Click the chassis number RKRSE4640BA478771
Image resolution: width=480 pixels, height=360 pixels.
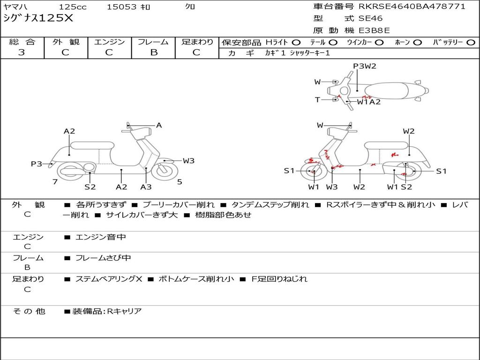click(412, 7)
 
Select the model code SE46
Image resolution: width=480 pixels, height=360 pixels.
click(370, 19)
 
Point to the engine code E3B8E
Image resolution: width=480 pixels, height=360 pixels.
click(374, 31)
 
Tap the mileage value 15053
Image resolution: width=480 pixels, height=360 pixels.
click(121, 7)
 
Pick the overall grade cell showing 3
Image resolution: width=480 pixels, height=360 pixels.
click(22, 52)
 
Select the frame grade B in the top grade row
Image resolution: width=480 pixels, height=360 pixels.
click(153, 52)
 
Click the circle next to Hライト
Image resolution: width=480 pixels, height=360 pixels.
click(296, 42)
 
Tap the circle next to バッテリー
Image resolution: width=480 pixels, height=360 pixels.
click(471, 42)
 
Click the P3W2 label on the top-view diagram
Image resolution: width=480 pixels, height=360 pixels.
click(365, 66)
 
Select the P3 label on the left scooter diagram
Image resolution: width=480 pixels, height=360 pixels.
click(37, 164)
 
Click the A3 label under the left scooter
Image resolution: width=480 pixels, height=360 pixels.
click(146, 187)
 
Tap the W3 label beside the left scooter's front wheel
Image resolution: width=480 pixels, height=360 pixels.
click(188, 161)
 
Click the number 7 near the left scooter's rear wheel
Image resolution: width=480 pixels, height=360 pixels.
click(55, 182)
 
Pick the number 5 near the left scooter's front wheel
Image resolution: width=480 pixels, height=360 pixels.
click(180, 182)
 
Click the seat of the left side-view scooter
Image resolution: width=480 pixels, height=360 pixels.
click(92, 145)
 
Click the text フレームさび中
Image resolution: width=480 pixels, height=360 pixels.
click(103, 258)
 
